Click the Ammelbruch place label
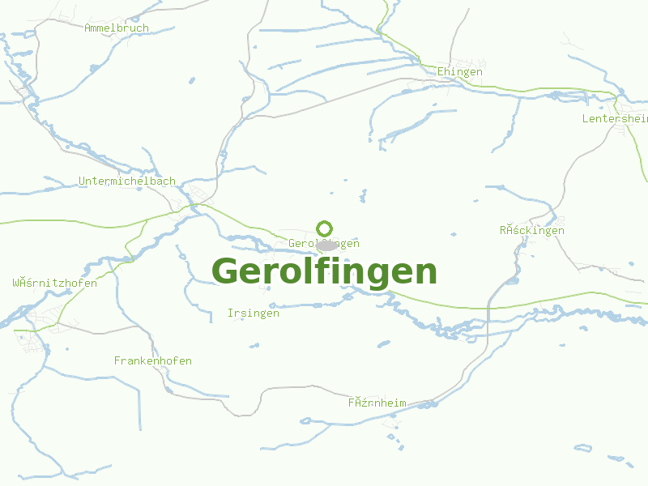pyautogui.click(x=117, y=28)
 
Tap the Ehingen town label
pyautogui.click(x=460, y=72)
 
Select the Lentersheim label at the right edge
pyautogui.click(x=615, y=119)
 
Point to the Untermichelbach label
pyautogui.click(x=126, y=181)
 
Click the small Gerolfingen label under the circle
pyautogui.click(x=324, y=244)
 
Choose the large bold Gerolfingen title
pyautogui.click(x=324, y=271)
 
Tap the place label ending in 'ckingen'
pyautogui.click(x=532, y=231)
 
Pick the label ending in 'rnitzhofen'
pyautogui.click(x=55, y=283)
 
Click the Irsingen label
pyautogui.click(x=254, y=313)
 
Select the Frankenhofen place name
pyautogui.click(x=153, y=361)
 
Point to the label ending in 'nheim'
pyautogui.click(x=377, y=403)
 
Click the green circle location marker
pyautogui.click(x=325, y=228)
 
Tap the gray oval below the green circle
pyautogui.click(x=326, y=245)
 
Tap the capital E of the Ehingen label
pyautogui.click(x=441, y=72)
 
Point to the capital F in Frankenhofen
pyautogui.click(x=117, y=361)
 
